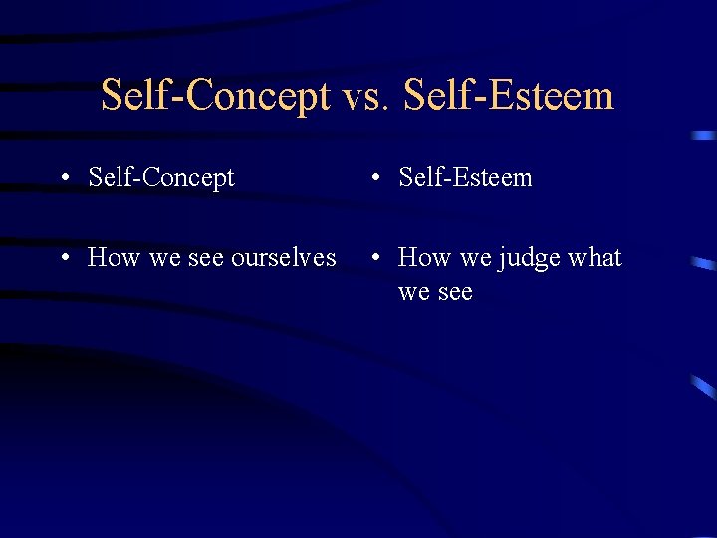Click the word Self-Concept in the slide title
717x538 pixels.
click(x=215, y=97)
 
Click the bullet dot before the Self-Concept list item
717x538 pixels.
click(x=63, y=179)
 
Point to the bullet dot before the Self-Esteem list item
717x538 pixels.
click(x=373, y=179)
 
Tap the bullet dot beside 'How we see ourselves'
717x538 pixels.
click(x=63, y=259)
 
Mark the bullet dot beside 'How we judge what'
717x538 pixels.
click(x=373, y=259)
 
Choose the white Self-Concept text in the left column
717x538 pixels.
click(x=161, y=178)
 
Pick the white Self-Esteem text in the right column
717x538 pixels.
click(x=465, y=178)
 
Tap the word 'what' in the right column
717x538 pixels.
click(x=595, y=258)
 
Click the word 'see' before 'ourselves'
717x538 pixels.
click(x=205, y=259)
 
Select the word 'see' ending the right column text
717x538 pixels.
click(x=454, y=293)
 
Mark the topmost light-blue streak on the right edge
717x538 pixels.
click(x=704, y=134)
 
